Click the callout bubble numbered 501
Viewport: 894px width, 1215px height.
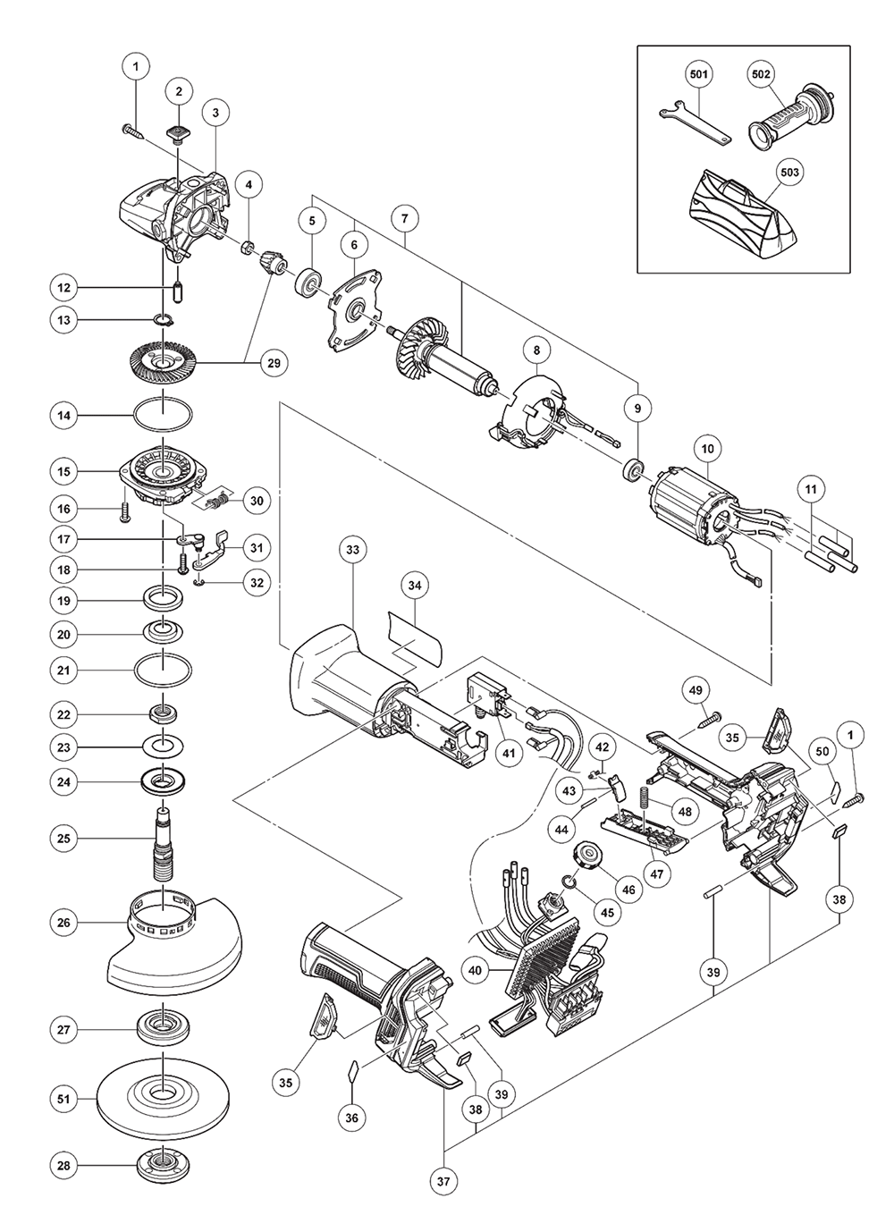coord(698,74)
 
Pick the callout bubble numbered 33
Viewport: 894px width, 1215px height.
coord(352,549)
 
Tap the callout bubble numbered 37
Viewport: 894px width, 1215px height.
coord(443,1181)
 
